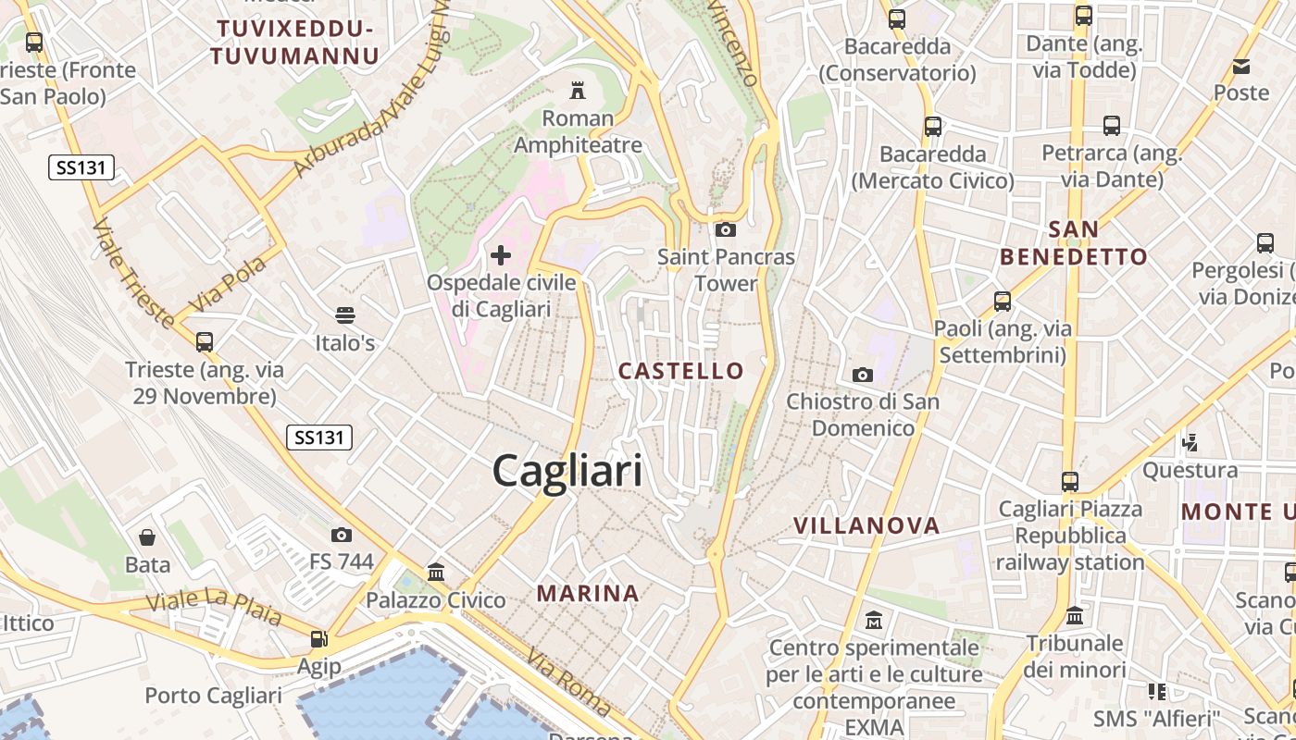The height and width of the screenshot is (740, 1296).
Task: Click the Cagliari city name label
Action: click(x=567, y=471)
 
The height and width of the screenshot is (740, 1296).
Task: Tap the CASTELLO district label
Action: click(x=680, y=371)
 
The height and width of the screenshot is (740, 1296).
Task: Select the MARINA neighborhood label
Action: click(x=588, y=593)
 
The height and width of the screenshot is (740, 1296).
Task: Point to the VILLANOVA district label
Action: click(x=866, y=525)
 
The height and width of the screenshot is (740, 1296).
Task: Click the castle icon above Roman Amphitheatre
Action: click(x=578, y=90)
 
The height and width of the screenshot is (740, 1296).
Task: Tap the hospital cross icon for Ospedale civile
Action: click(x=501, y=254)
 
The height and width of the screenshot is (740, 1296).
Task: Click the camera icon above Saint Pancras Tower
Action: click(x=726, y=229)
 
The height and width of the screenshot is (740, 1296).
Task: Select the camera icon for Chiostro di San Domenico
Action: click(x=862, y=375)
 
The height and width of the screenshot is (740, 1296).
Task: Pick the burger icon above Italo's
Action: click(x=345, y=315)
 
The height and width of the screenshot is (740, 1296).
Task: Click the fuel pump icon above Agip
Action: click(x=318, y=638)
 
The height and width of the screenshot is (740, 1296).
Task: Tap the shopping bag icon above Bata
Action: click(x=147, y=537)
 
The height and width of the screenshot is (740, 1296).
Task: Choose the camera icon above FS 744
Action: click(x=341, y=535)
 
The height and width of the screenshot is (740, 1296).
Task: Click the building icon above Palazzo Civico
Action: click(x=436, y=573)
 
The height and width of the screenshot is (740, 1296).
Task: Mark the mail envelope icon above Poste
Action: click(x=1240, y=66)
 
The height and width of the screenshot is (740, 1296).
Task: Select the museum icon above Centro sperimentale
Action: click(x=873, y=619)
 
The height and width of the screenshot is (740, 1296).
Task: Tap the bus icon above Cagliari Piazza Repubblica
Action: click(x=1070, y=481)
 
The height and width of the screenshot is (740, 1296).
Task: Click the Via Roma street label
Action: click(x=569, y=683)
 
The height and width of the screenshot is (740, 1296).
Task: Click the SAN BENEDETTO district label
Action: click(x=1074, y=243)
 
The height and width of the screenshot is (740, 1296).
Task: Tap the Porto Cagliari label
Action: click(x=213, y=696)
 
